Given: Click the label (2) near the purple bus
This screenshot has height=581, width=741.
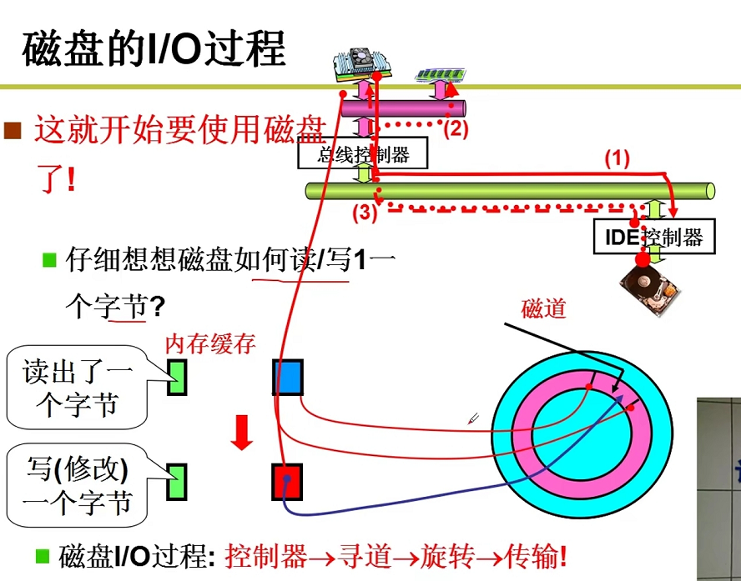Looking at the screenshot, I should pos(456,128).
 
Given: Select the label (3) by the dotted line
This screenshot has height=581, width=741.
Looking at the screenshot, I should pos(363,212).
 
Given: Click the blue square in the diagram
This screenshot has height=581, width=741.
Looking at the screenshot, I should pos(287,378).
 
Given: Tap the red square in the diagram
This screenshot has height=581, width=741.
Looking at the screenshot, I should pos(286,482).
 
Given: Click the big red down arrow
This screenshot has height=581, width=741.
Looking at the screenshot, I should pos(242,431).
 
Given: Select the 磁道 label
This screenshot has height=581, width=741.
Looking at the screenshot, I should pos(543,308).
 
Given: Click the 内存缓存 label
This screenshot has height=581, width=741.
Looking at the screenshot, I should pos(209,343).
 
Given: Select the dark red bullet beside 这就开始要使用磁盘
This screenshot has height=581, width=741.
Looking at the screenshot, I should pos(12,130).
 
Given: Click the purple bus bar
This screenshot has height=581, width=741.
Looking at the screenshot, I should pos(417,108).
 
